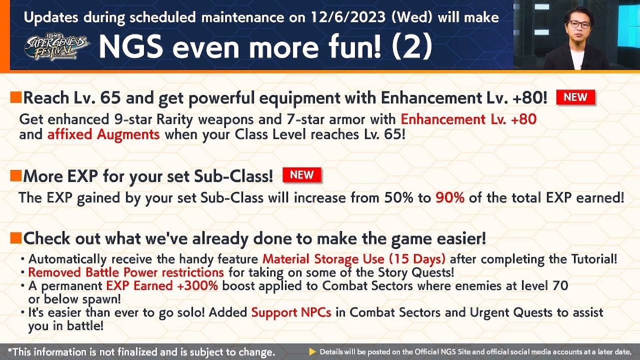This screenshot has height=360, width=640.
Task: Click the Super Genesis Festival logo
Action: tap(56, 46)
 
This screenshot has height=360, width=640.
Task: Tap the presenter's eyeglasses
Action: tap(578, 24)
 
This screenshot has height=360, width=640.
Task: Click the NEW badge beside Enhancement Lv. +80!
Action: tap(575, 97)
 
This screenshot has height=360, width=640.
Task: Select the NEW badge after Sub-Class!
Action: tap(301, 175)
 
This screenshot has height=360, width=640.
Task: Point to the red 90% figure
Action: tap(449, 197)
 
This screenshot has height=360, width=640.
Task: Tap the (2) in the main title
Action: tap(412, 46)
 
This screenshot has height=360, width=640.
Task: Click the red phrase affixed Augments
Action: tap(103, 134)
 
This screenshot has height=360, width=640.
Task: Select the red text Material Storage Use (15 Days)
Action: tap(353, 259)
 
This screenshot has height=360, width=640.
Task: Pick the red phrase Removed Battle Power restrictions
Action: tap(125, 272)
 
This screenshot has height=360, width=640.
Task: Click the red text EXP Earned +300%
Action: tap(162, 286)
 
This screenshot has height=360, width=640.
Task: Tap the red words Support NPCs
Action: tap(291, 312)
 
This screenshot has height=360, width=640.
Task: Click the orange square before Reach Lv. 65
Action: tap(15, 97)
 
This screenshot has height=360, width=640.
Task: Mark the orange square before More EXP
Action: tap(15, 175)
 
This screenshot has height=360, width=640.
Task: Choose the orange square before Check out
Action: tap(15, 238)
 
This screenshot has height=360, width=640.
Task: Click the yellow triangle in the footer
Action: tap(312, 352)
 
